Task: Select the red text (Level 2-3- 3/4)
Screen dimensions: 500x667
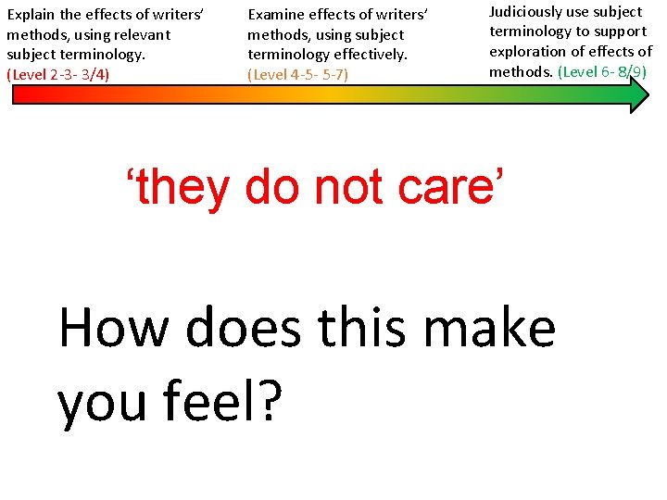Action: point(57,74)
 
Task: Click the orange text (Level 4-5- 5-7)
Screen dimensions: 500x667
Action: point(297,74)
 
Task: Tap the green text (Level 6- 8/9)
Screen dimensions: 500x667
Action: point(601,71)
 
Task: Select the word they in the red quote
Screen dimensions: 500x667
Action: point(185,188)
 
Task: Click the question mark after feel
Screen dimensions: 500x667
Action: point(266,400)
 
